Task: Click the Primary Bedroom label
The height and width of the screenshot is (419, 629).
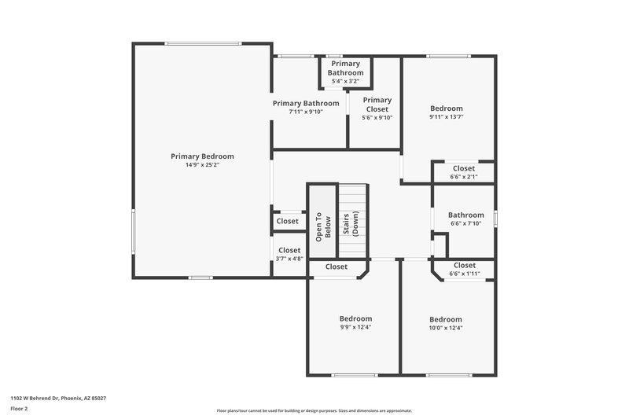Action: coord(202,156)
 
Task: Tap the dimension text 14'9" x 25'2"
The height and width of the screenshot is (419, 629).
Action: coord(202,165)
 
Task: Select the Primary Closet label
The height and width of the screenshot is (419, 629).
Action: coord(377,105)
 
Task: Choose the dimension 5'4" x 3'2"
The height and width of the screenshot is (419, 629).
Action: coord(345,81)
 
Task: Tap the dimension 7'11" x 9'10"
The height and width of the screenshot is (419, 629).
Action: coord(306,112)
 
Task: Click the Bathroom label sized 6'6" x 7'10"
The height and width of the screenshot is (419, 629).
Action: coord(466,215)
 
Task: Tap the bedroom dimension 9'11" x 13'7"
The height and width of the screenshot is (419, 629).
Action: coord(446,117)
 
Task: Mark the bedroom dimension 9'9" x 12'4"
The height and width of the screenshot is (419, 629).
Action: coord(355,327)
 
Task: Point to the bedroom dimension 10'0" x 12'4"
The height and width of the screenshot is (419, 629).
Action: coord(446,328)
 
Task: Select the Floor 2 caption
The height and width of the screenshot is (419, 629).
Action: coord(20,409)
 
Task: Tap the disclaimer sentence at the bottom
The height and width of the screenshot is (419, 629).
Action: coord(314,410)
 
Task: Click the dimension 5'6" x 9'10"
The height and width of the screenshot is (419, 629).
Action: coord(377,118)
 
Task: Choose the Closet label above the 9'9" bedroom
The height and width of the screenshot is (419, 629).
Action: coord(337,266)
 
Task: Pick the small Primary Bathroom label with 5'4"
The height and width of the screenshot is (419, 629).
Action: coord(345,68)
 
